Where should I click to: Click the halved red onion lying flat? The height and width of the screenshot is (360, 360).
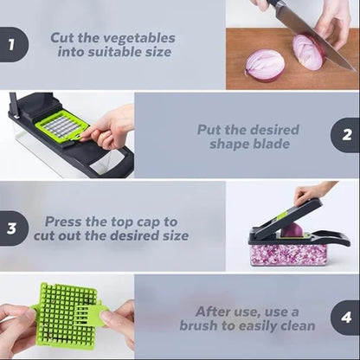point(265,65)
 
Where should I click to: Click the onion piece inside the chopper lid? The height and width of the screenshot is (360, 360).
point(292,230)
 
